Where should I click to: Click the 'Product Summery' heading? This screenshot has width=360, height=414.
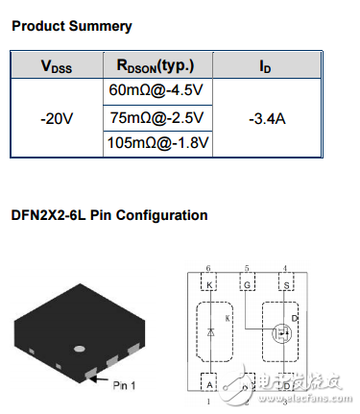[x=72, y=26]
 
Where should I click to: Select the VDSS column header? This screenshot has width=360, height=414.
[x=58, y=66]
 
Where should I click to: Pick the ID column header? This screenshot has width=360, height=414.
[x=266, y=66]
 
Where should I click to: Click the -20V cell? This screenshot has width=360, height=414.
[x=58, y=118]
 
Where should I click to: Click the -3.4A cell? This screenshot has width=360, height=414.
[x=266, y=118]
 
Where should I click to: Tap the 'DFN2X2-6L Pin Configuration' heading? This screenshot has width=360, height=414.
[x=109, y=214]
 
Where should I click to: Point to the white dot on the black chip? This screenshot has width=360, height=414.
[x=81, y=347]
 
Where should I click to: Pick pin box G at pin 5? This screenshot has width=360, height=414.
[x=249, y=285]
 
